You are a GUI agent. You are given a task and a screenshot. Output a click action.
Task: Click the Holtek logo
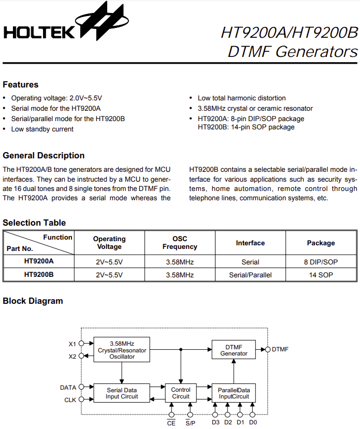(x=66, y=22)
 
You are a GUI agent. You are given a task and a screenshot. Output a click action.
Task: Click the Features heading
(x=21, y=84)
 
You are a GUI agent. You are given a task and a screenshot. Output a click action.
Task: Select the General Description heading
(x=44, y=155)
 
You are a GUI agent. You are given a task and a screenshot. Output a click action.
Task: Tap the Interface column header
(x=250, y=243)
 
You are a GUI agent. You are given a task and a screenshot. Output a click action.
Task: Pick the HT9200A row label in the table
(x=39, y=261)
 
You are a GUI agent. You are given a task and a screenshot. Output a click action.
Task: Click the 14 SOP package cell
(x=321, y=275)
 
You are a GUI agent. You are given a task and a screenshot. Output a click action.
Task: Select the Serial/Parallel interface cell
(x=250, y=275)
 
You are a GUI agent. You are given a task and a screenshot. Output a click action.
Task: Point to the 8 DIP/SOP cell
(x=321, y=262)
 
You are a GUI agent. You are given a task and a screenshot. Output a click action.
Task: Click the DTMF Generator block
(x=234, y=350)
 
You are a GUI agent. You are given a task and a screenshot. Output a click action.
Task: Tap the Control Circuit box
(x=181, y=393)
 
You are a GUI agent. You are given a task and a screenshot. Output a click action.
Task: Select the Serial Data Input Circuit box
(x=122, y=393)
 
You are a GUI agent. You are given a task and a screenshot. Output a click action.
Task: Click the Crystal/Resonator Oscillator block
(x=122, y=350)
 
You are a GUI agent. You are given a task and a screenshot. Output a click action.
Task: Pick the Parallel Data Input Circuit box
(x=234, y=393)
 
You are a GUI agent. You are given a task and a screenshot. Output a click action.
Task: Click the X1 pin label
(x=73, y=344)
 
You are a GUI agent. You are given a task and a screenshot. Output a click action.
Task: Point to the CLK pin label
(x=70, y=400)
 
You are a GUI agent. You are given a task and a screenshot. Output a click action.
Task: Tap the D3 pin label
(x=215, y=422)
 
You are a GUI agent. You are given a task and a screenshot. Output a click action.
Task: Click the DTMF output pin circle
(x=268, y=349)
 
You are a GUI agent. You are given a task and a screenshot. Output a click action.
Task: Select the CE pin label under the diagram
(x=171, y=423)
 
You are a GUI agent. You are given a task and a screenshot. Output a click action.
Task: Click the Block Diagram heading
(x=33, y=301)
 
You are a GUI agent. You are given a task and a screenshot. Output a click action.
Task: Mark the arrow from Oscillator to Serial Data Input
(x=122, y=373)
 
